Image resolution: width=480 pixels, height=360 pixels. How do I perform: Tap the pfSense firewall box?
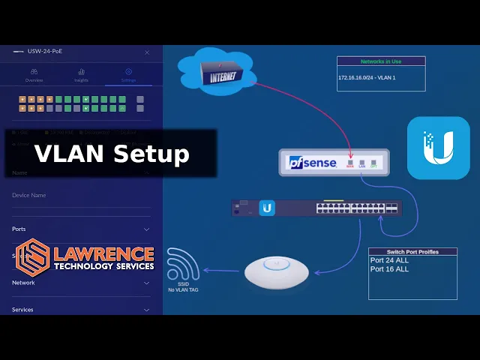pos(334,162)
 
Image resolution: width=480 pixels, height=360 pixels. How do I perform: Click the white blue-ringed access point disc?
pos(277,272)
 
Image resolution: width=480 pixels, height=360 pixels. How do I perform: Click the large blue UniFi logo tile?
pos(438,148)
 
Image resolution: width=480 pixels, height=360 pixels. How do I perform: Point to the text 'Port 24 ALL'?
pos(389,260)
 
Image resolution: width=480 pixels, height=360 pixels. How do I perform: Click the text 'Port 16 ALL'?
pos(389,269)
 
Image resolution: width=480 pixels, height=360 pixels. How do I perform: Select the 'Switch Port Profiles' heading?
pos(412,252)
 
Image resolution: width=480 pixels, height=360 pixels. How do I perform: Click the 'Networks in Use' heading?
pos(380,61)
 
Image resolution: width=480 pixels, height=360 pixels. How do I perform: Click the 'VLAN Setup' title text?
pos(112,154)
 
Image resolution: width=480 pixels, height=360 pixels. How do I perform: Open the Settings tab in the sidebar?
pos(128,75)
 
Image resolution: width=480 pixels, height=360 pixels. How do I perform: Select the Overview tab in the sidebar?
pos(34,75)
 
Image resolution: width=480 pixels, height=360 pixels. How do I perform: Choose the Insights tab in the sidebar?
pos(81,75)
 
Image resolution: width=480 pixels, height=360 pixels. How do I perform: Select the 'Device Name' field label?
pos(29,196)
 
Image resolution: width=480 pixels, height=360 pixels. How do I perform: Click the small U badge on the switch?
pos(267,208)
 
